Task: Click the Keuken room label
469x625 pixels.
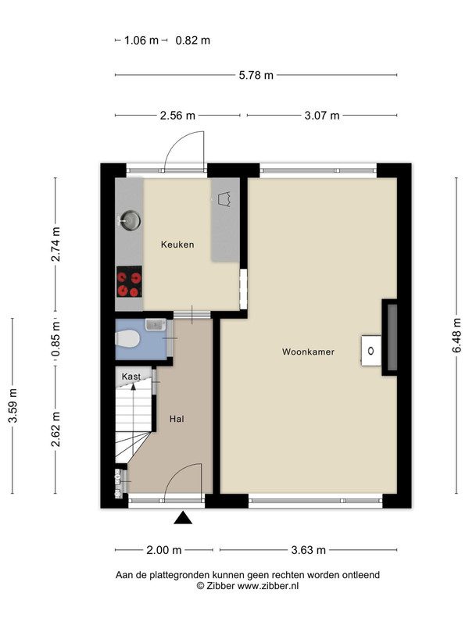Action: tap(177, 245)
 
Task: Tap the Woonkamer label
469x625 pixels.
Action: tap(308, 352)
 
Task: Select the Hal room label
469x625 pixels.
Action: tap(177, 419)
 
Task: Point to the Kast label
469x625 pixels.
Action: tap(131, 377)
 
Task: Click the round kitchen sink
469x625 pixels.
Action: tap(131, 220)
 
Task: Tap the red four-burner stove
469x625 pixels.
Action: tap(129, 281)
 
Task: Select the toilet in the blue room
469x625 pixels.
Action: tap(127, 339)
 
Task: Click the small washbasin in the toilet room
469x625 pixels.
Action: tap(156, 324)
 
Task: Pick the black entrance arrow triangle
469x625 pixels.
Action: tap(183, 517)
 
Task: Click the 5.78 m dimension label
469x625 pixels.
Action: tap(256, 75)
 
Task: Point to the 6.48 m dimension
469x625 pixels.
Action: tap(456, 335)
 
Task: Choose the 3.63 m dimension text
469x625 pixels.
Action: tap(308, 550)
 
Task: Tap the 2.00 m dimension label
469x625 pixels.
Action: tap(164, 550)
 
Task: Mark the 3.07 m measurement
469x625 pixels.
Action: tap(322, 116)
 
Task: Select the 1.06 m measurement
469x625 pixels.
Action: tap(141, 41)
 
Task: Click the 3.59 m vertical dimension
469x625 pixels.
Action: tap(13, 405)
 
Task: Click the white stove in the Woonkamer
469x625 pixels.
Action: tap(371, 351)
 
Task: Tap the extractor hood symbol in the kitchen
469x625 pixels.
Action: tap(225, 199)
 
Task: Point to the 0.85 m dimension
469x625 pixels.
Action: tap(56, 339)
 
